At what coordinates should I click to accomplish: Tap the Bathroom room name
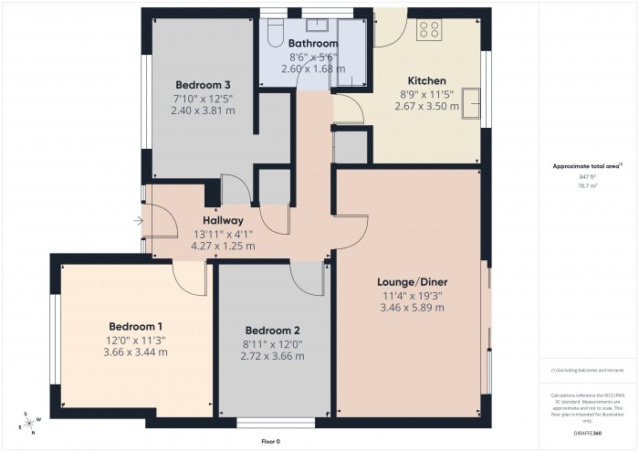[313, 43]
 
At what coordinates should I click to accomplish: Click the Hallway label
[223, 220]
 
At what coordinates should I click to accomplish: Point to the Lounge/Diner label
[411, 282]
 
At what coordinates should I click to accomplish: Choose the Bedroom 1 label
[136, 327]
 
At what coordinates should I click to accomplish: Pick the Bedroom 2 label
[272, 331]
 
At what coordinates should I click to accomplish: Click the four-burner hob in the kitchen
[429, 29]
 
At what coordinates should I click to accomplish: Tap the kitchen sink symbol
[472, 103]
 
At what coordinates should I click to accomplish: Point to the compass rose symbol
[30, 421]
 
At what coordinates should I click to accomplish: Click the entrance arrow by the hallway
[138, 220]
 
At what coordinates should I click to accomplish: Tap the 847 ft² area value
[587, 176]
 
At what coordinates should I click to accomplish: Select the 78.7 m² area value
[587, 185]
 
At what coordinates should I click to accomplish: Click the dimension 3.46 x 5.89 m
[411, 308]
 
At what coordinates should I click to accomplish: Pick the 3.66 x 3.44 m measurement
[136, 352]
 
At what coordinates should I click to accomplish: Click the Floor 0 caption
[270, 441]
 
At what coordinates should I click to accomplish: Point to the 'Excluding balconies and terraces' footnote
[587, 370]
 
